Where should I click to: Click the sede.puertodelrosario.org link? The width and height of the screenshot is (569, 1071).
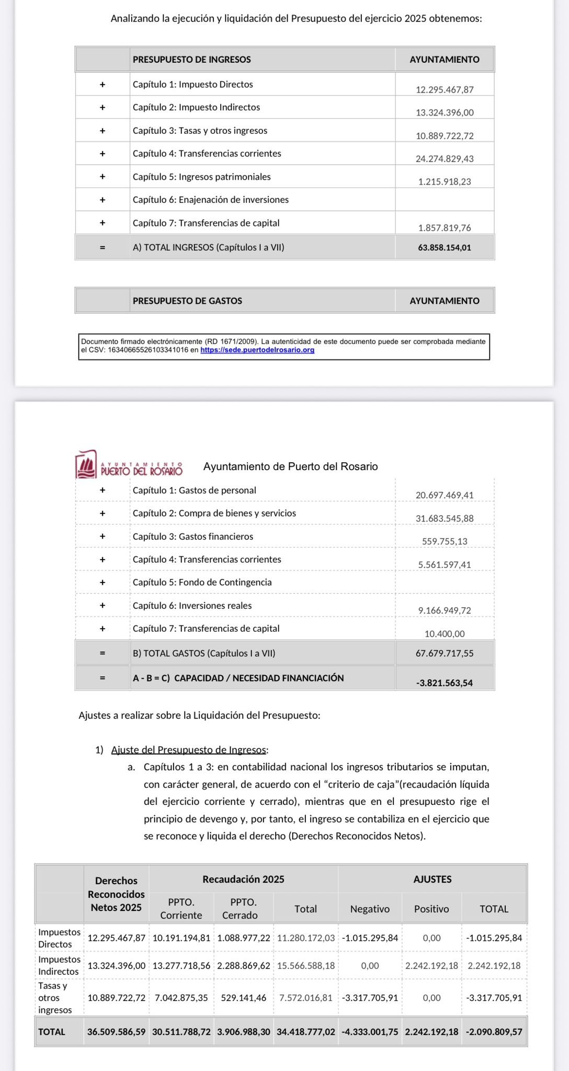pos(257,350)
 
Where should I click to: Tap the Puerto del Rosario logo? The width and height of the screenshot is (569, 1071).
pos(129,464)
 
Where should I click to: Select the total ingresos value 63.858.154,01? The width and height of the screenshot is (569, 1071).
pos(445,247)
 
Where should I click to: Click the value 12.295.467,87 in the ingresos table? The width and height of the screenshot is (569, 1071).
pos(445,89)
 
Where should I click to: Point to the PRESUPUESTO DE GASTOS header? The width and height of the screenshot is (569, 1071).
pos(187,301)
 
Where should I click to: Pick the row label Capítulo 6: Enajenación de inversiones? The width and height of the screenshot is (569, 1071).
pos(210,200)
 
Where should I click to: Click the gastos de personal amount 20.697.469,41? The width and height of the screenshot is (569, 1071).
pos(445,495)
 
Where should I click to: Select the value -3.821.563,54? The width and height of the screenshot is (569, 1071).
pos(445,682)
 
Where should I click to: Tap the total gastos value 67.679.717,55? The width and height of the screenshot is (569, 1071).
pos(445,653)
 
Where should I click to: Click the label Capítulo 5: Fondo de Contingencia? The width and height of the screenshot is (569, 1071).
pos(202,582)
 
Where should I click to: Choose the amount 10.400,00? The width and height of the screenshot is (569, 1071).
pos(445,634)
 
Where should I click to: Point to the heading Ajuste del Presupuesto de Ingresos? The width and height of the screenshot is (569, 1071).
pos(189,750)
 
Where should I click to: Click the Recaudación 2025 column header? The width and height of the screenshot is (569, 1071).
pos(243,879)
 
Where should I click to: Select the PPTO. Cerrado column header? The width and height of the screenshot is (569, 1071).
pos(243,908)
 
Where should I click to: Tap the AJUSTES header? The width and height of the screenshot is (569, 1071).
pos(433,879)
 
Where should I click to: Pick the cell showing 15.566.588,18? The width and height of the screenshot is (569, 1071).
pos(306,965)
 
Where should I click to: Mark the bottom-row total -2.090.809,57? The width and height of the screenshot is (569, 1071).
pos(494,1032)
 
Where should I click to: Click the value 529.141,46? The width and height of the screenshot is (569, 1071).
pos(244,998)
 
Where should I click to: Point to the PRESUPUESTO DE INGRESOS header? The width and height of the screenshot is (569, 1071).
pos(191,60)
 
